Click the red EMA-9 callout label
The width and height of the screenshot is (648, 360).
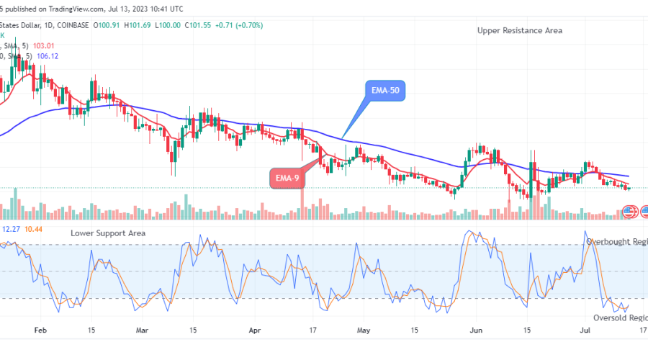[286, 177]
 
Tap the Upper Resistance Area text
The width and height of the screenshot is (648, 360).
[520, 30]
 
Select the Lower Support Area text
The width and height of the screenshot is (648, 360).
[108, 233]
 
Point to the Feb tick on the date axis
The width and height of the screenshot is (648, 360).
[41, 331]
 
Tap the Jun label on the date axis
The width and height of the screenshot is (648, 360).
[477, 331]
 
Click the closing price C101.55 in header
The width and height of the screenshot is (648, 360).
[202, 25]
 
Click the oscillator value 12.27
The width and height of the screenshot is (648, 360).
[11, 229]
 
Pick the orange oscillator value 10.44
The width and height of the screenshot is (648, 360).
[33, 229]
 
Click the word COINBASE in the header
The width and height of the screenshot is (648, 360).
[73, 25]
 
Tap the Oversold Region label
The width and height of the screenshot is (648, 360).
[620, 318]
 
